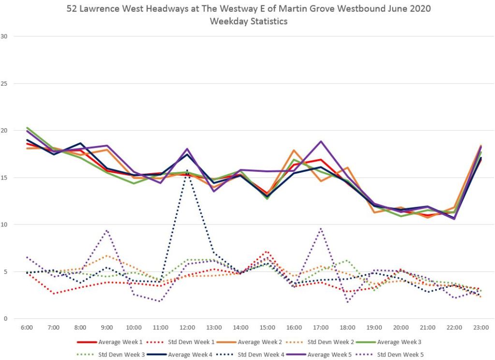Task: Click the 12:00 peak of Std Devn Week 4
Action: [187, 170]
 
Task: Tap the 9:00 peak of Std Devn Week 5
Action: [107, 230]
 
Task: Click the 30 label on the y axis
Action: [6, 36]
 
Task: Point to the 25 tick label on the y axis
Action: [6, 83]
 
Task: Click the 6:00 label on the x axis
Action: [27, 328]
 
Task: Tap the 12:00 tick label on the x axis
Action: [187, 328]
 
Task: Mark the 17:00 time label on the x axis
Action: [320, 328]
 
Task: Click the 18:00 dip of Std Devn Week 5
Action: [348, 301]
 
